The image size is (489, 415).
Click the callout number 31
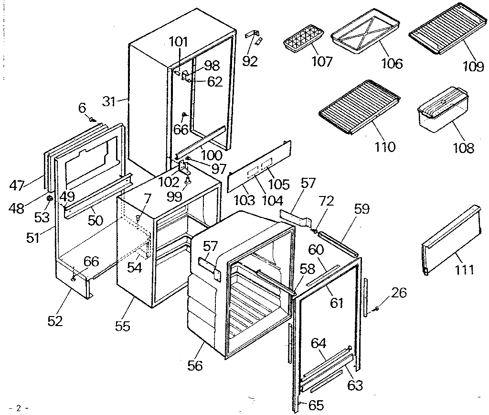click(110, 101)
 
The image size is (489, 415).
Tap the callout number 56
click(195, 366)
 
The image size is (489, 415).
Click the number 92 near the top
click(250, 61)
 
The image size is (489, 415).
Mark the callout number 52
click(55, 320)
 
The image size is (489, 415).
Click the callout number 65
click(316, 405)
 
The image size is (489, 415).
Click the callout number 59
click(361, 209)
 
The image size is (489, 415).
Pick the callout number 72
click(326, 201)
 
